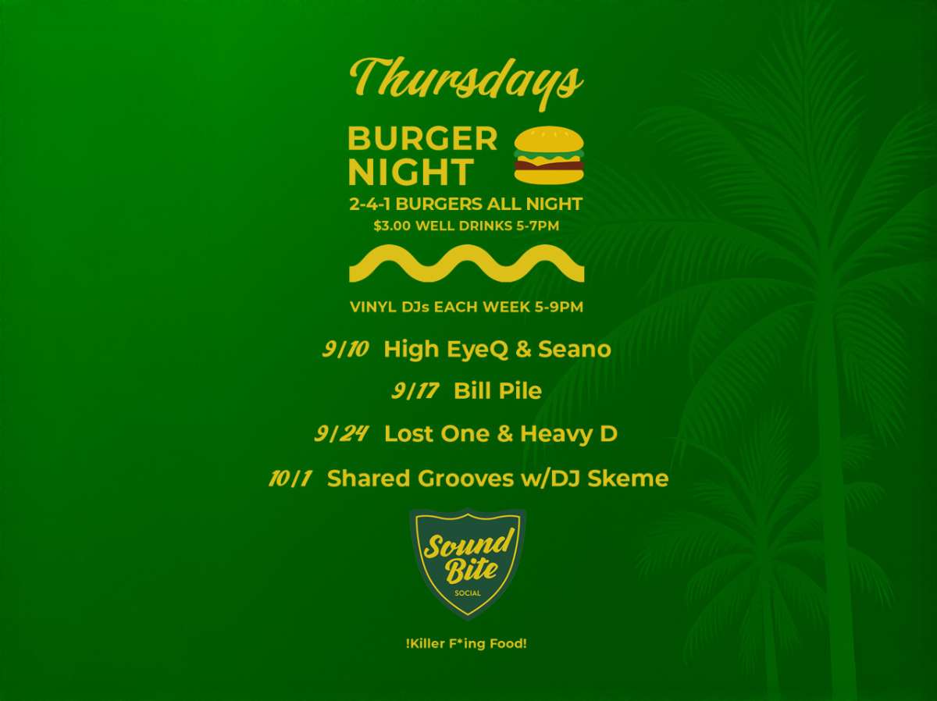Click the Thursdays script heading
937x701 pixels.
pyautogui.click(x=466, y=84)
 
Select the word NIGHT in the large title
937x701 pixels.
pyautogui.click(x=411, y=172)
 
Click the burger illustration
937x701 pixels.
pyautogui.click(x=549, y=155)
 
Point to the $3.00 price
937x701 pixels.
pyautogui.click(x=392, y=226)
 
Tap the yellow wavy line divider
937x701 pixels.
pyautogui.click(x=467, y=263)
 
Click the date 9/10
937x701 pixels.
pyautogui.click(x=345, y=349)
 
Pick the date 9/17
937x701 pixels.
pyautogui.click(x=415, y=391)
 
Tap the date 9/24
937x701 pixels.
pyautogui.click(x=340, y=434)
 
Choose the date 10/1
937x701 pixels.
pyautogui.click(x=290, y=479)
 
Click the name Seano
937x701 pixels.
pyautogui.click(x=574, y=349)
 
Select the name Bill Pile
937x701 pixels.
pyautogui.click(x=497, y=391)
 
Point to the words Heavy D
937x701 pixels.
pyautogui.click(x=568, y=434)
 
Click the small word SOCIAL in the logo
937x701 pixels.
pyautogui.click(x=468, y=593)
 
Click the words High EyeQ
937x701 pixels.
pyautogui.click(x=446, y=350)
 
